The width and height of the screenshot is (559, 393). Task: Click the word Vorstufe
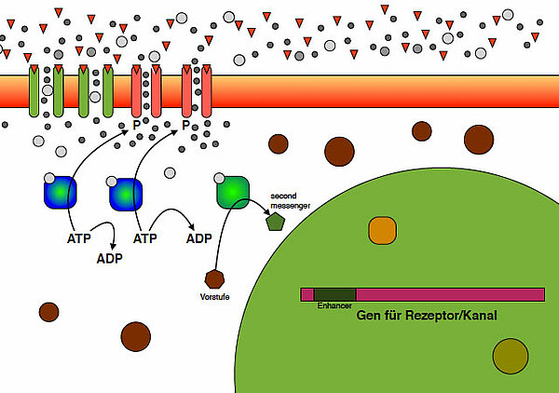pyautogui.click(x=216, y=297)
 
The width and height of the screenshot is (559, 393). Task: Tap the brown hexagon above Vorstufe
pyautogui.click(x=215, y=278)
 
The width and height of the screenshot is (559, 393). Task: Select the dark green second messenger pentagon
pyautogui.click(x=275, y=222)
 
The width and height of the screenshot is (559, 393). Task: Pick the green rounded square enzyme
pyautogui.click(x=233, y=190)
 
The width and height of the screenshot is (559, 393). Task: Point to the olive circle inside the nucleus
pyautogui.click(x=510, y=356)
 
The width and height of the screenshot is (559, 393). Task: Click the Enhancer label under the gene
pyautogui.click(x=334, y=305)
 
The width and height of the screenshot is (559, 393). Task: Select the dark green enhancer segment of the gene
pyautogui.click(x=335, y=294)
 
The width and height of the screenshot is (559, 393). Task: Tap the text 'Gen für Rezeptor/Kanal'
pyautogui.click(x=427, y=317)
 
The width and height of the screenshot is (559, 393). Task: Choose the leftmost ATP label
pyautogui.click(x=79, y=239)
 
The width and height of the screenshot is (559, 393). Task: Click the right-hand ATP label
pyautogui.click(x=143, y=239)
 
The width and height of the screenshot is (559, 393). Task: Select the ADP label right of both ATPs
pyautogui.click(x=198, y=238)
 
